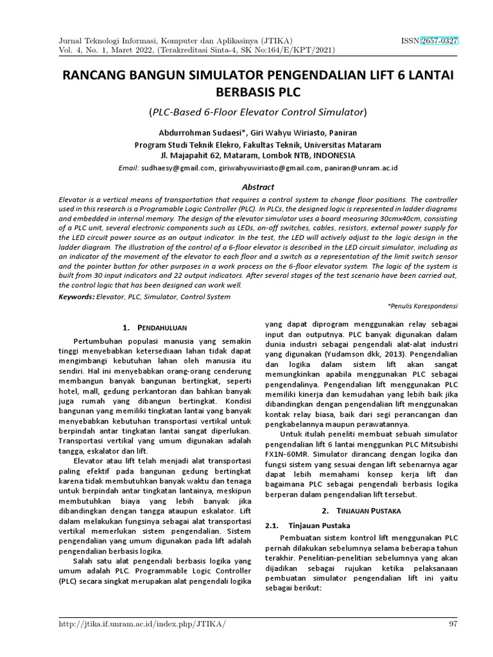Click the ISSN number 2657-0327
(x=439, y=40)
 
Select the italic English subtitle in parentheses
(x=257, y=112)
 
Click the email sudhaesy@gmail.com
(x=178, y=167)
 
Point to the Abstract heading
(x=257, y=187)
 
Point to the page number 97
(x=452, y=624)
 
